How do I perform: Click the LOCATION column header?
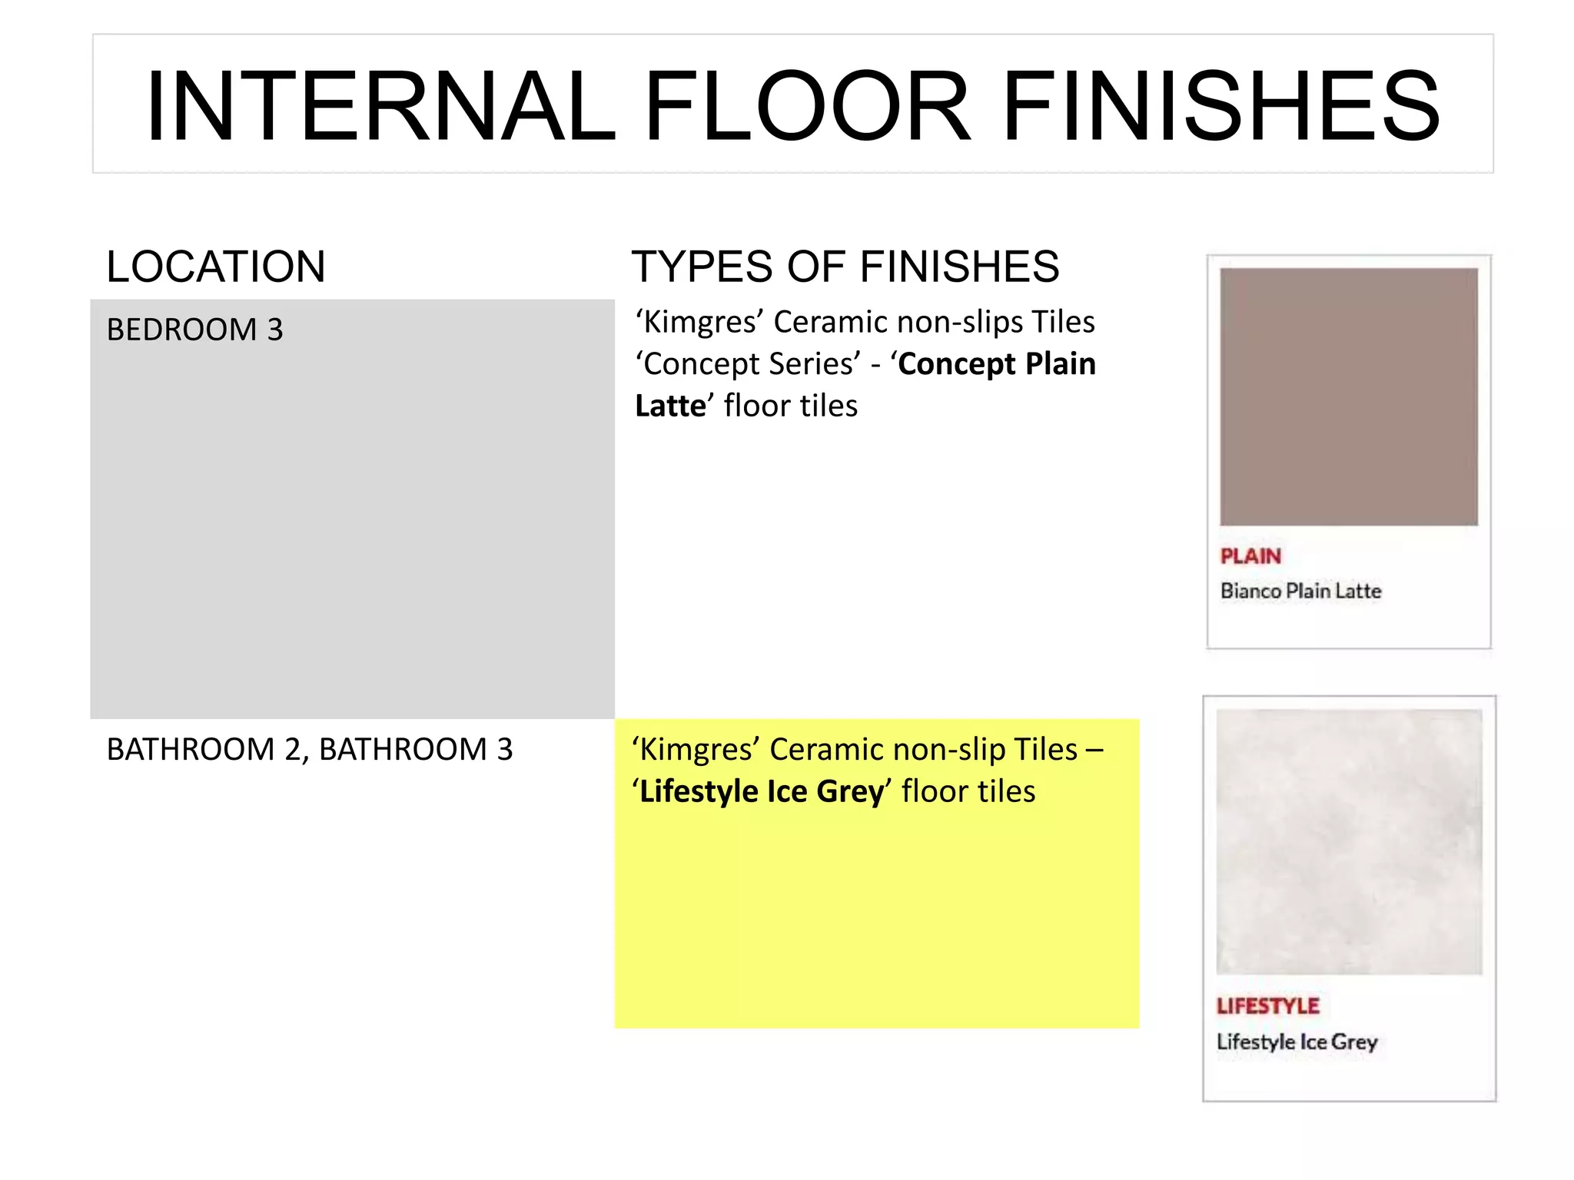[x=216, y=267]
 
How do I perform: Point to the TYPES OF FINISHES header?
[x=845, y=267]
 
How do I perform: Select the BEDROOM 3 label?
[x=194, y=330]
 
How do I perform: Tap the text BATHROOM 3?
[x=416, y=749]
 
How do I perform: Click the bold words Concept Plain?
[x=997, y=364]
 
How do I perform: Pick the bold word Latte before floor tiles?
[x=669, y=406]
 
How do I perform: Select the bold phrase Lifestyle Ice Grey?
[x=762, y=792]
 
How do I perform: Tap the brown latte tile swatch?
[x=1348, y=396]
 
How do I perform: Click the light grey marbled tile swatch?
[x=1349, y=841]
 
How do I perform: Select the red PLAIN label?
[x=1250, y=556]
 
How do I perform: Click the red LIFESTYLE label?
[x=1267, y=1006]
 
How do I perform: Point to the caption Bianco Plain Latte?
[x=1300, y=591]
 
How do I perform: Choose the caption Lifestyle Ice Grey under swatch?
[x=1297, y=1042]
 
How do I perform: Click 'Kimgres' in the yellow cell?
[x=696, y=750]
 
